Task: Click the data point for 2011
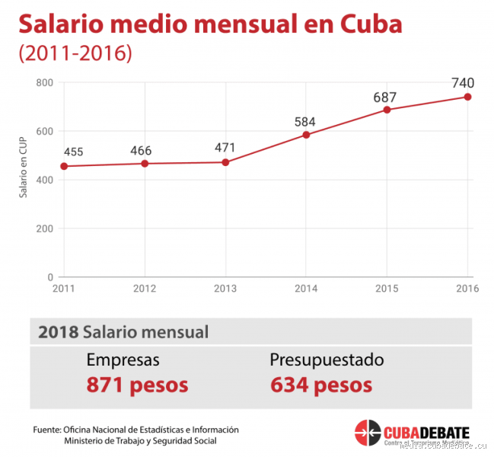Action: (x=64, y=166)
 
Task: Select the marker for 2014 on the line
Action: (x=306, y=135)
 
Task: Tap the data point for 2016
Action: (x=467, y=97)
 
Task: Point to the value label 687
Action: (x=386, y=97)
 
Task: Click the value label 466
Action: (x=141, y=150)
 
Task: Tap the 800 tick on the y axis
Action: (x=44, y=82)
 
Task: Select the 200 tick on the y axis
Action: (x=44, y=228)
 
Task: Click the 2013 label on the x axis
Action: (x=225, y=288)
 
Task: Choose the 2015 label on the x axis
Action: (x=387, y=288)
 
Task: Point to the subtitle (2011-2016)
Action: (x=75, y=54)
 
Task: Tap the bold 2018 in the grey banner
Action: (x=58, y=332)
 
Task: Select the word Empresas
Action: (x=123, y=360)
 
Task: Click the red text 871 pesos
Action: (x=137, y=385)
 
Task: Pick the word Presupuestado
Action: (x=327, y=360)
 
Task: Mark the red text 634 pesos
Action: (x=321, y=385)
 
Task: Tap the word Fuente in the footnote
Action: (x=46, y=430)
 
